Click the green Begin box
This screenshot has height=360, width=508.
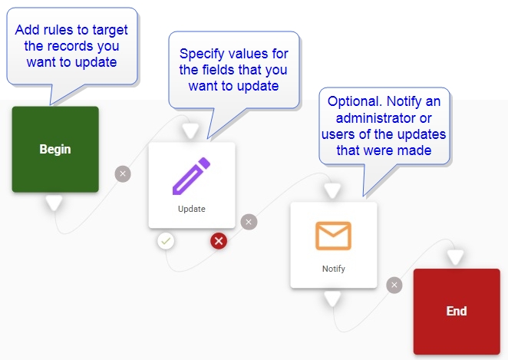[x=55, y=149]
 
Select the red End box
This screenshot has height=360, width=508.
[x=457, y=311]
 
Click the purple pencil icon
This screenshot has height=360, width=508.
[x=191, y=176]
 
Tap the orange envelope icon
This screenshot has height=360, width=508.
[x=333, y=236]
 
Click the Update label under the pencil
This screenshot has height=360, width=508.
[x=191, y=209]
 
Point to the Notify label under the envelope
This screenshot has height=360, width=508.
[x=333, y=269]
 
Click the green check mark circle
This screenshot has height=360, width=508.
[x=166, y=241]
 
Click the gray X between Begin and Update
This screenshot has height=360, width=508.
[x=123, y=173]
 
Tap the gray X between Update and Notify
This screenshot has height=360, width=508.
[x=248, y=223]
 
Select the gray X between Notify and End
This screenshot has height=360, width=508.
[x=394, y=285]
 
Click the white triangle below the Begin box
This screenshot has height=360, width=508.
[x=53, y=203]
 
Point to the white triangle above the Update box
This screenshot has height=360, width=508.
[x=190, y=131]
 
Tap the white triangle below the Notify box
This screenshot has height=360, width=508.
[x=332, y=299]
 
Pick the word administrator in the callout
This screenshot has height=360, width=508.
[x=371, y=118]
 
